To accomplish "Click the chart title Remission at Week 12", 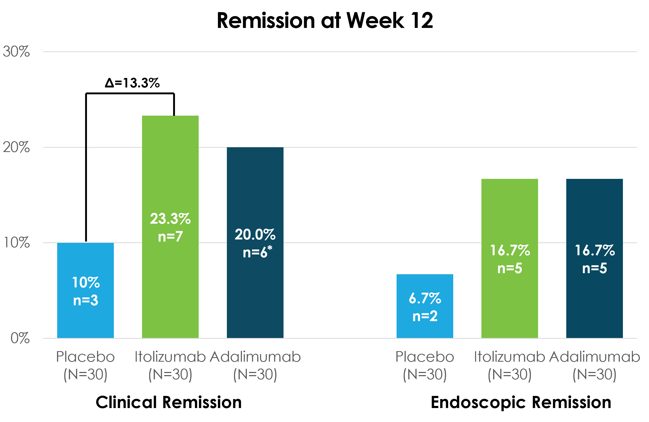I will (x=325, y=21).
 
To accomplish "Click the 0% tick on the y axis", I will (x=20, y=338).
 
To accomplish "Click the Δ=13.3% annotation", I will (x=132, y=83).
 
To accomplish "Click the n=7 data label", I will (x=170, y=236).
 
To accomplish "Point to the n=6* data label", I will (x=257, y=252).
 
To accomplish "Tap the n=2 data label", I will (x=425, y=316).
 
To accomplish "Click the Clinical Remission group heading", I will (x=169, y=402).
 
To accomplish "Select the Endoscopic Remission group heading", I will (x=521, y=402).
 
